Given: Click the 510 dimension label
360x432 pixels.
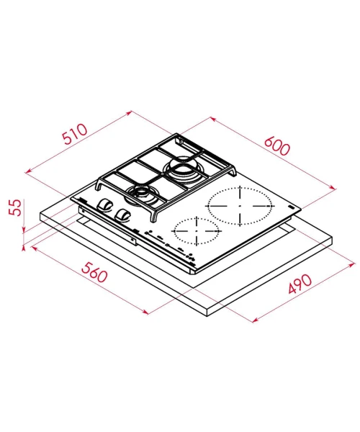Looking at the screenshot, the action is tap(75, 134).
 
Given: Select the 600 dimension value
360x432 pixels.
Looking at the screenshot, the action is tap(276, 145).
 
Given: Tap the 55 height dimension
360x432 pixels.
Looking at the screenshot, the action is tap(15, 207).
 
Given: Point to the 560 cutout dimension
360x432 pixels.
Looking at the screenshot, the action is tap(94, 272).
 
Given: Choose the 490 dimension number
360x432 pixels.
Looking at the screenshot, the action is tap(300, 284).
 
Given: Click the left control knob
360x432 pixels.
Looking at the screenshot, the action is tap(104, 205).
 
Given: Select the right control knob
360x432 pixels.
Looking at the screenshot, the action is tap(123, 215).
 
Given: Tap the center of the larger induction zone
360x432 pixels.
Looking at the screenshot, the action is tap(240, 206).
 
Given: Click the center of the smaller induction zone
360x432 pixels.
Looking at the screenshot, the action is tap(197, 230).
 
